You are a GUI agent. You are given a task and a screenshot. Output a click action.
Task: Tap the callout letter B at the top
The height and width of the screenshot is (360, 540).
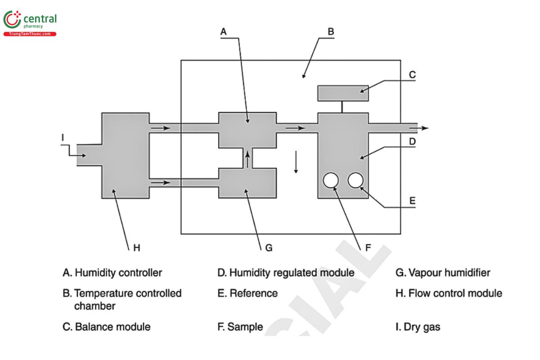(x=330, y=31)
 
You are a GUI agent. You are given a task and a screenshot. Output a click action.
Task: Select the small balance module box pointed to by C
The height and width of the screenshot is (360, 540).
(x=343, y=93)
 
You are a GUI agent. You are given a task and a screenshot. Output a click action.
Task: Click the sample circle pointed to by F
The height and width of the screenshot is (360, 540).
(x=331, y=180)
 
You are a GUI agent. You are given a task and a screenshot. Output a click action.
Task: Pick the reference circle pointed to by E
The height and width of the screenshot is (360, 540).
(x=355, y=180)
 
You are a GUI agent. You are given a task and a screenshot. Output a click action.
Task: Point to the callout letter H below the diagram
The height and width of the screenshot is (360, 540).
(x=137, y=247)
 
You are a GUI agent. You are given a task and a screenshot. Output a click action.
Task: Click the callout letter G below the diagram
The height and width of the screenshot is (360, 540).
(x=269, y=247)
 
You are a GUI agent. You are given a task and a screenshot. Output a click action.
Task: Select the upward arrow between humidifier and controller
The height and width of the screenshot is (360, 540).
(x=247, y=158)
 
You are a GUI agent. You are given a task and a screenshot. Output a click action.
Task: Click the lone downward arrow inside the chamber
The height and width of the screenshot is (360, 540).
(x=296, y=162)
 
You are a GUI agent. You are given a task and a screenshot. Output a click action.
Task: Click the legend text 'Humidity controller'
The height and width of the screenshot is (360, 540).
(x=118, y=273)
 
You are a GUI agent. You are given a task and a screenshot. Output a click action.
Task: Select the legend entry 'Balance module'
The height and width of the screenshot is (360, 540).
(x=112, y=327)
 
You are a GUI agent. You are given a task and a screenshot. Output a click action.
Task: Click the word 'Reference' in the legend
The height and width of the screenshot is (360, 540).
(x=253, y=293)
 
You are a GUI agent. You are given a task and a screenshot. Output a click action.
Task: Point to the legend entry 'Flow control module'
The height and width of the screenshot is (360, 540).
(x=454, y=293)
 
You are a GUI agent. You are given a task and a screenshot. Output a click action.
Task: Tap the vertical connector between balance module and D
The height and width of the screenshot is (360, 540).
(x=343, y=107)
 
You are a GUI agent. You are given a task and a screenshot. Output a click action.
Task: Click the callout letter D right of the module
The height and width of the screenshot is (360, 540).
(x=412, y=141)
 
